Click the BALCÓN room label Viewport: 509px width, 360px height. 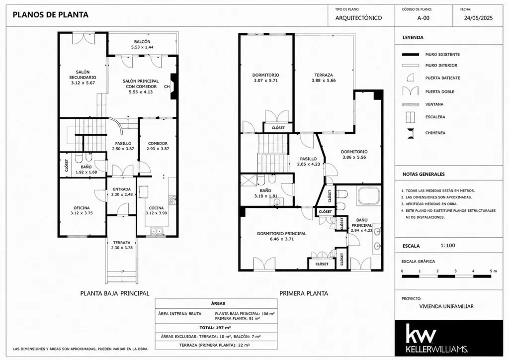(142, 42)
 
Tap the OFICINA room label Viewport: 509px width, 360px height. (82, 208)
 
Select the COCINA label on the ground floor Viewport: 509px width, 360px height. (156, 208)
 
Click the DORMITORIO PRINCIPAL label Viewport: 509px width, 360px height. (281, 233)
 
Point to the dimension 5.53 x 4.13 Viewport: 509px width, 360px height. (141, 92)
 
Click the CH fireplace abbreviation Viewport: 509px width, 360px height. (167, 87)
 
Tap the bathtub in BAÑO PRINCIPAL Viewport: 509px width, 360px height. (368, 195)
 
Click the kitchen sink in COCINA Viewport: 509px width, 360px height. (157, 231)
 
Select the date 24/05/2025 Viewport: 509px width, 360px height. (478, 18)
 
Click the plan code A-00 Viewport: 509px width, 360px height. (423, 18)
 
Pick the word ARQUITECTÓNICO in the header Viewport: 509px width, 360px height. (358, 18)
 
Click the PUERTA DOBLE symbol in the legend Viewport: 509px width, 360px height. (410, 91)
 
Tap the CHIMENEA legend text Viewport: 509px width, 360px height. (435, 133)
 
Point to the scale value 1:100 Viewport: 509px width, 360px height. (448, 246)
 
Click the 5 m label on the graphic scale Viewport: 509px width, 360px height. (493, 271)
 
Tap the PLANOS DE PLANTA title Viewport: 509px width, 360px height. (50, 14)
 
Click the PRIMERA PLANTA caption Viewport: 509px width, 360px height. (304, 293)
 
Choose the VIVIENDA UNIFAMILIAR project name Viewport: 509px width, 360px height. (446, 306)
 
